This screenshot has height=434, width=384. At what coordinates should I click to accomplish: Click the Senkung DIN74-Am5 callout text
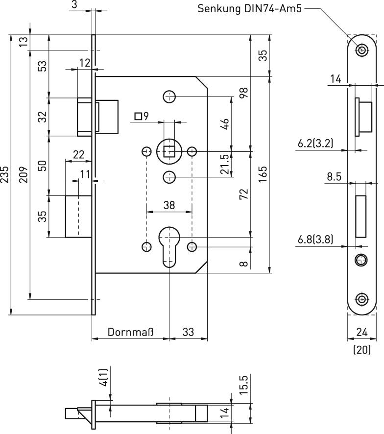point(249,8)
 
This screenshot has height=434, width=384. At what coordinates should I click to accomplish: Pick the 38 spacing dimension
point(169,206)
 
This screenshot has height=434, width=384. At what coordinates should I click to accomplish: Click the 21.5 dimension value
point(225,164)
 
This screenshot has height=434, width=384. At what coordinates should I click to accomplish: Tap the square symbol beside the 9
point(138,117)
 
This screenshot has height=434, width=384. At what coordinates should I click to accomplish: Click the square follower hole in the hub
point(169,152)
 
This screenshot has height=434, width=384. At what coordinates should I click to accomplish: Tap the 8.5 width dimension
point(334,176)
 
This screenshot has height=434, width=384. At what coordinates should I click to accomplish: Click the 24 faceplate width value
point(362,332)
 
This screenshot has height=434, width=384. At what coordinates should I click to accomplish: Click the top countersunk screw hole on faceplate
point(362,49)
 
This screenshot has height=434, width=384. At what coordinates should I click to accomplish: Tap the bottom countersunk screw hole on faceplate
point(362,299)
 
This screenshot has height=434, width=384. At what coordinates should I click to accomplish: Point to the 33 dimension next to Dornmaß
point(188,332)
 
